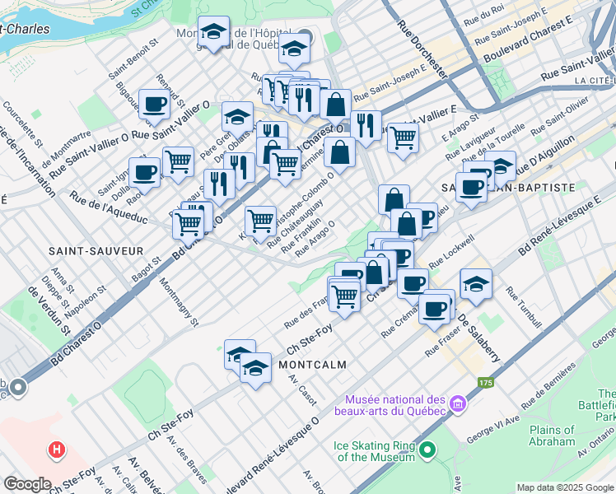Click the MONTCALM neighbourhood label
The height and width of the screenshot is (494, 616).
coord(311,364)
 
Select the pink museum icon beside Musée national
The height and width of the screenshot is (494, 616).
coord(458,404)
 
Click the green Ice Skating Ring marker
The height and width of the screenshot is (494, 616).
coord(427,450)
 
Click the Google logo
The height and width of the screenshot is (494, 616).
coord(27,484)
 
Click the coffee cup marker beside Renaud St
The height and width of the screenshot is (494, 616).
coord(154,105)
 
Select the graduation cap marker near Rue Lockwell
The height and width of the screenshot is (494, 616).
coord(476,284)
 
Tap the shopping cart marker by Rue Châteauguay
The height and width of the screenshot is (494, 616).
coord(260,221)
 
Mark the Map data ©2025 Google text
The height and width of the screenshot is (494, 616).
coord(565,487)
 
